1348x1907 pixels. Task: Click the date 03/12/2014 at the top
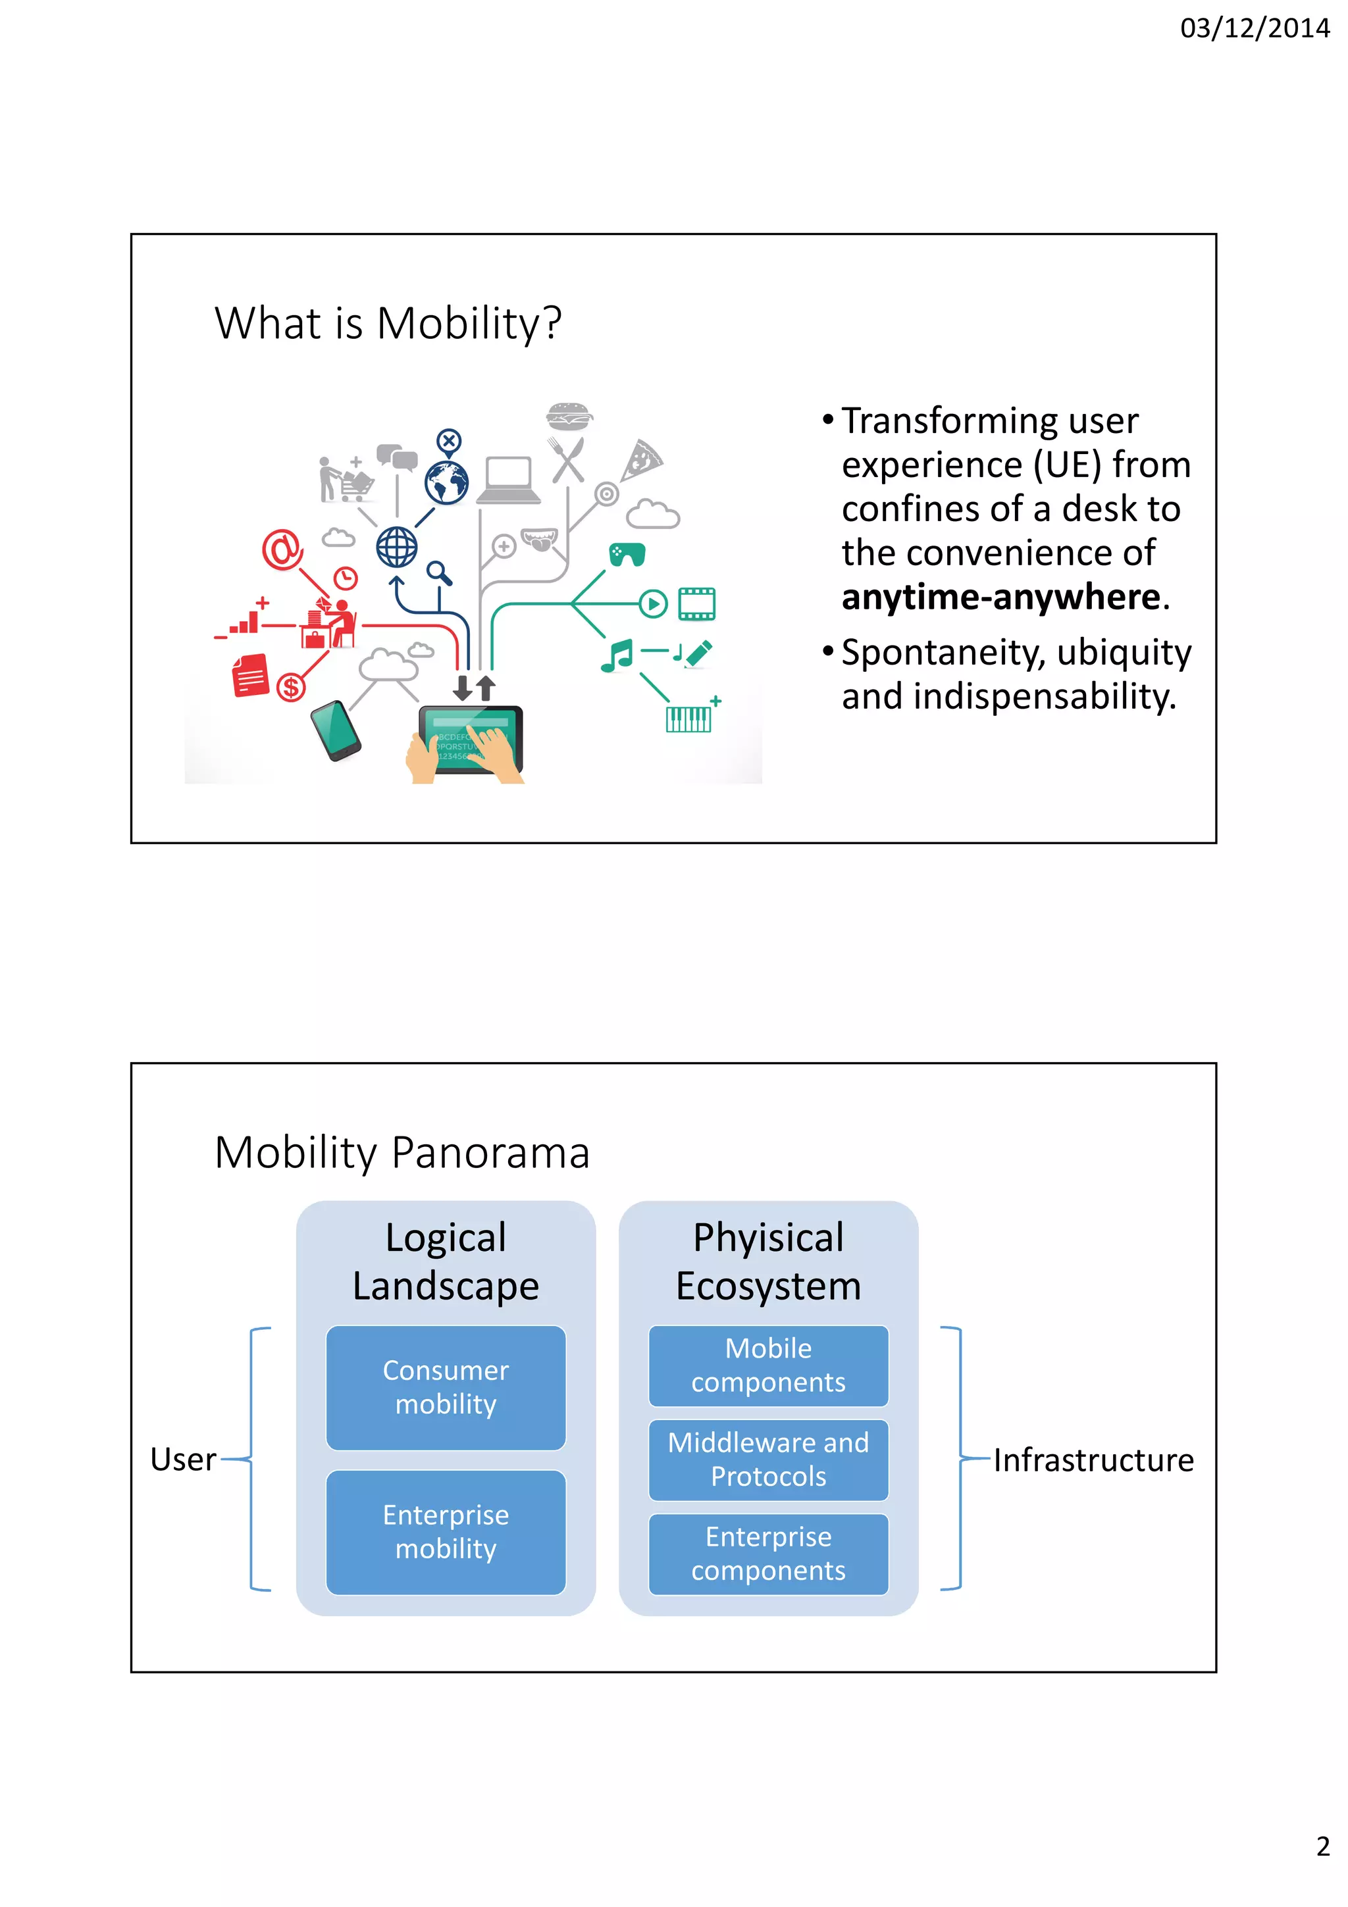coord(1254,28)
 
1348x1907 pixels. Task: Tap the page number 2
coord(1323,1846)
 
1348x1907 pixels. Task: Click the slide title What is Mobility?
coord(388,323)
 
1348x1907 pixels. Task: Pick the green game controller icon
coord(627,554)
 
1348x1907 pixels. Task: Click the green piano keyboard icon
coord(688,719)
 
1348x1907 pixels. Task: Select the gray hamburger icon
coord(569,415)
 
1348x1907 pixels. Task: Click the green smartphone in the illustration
coord(336,730)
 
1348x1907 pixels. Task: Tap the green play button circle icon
coord(653,604)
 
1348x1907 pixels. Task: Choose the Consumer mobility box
coord(446,1387)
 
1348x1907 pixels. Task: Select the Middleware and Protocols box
coord(768,1460)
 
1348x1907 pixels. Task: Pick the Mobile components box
coord(768,1365)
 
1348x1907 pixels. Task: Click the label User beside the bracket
coord(183,1460)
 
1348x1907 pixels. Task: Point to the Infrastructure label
coord(1093,1460)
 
